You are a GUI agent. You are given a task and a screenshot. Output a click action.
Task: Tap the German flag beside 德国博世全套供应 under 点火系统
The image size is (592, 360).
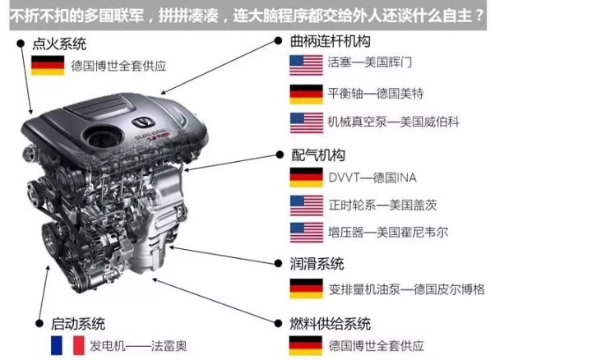tap(48, 66)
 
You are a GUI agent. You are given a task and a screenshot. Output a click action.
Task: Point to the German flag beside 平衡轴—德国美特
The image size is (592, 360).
tap(306, 94)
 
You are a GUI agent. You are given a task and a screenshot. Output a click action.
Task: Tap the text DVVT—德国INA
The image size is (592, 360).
tap(363, 177)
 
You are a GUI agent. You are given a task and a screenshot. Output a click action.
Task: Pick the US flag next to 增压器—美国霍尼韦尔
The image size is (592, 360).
tap(306, 233)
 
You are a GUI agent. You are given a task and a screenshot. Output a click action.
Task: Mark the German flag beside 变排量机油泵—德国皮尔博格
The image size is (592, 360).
tap(306, 288)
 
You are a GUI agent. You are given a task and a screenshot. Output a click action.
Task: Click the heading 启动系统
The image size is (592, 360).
tap(78, 324)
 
